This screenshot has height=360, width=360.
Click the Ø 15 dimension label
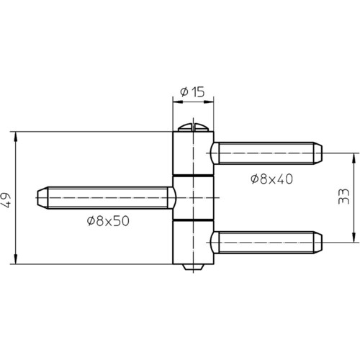(x=192, y=92)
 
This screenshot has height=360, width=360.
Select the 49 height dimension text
(x=6, y=199)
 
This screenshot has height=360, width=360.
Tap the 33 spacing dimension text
(x=343, y=197)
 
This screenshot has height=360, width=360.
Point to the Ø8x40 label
(x=271, y=179)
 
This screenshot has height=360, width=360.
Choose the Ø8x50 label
(x=108, y=221)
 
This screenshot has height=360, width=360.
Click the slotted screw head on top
(x=193, y=127)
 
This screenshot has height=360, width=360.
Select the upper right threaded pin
(x=266, y=153)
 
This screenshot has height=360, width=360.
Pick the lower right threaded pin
(x=266, y=243)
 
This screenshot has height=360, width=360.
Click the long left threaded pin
(x=107, y=198)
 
